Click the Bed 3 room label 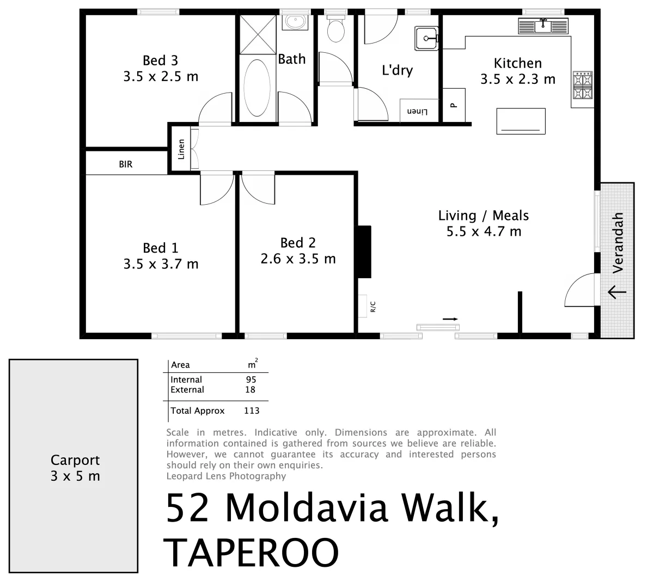[160, 60]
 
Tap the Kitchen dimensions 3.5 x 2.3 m [517, 79]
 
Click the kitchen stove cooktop [582, 87]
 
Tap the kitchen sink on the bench [543, 25]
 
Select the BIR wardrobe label [126, 164]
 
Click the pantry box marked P [453, 106]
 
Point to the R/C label [373, 307]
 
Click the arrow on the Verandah [616, 292]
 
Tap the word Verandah [618, 243]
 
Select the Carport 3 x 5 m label [75, 468]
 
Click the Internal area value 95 [251, 379]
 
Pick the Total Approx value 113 [252, 411]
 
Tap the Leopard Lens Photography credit [226, 476]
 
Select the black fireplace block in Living [364, 252]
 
